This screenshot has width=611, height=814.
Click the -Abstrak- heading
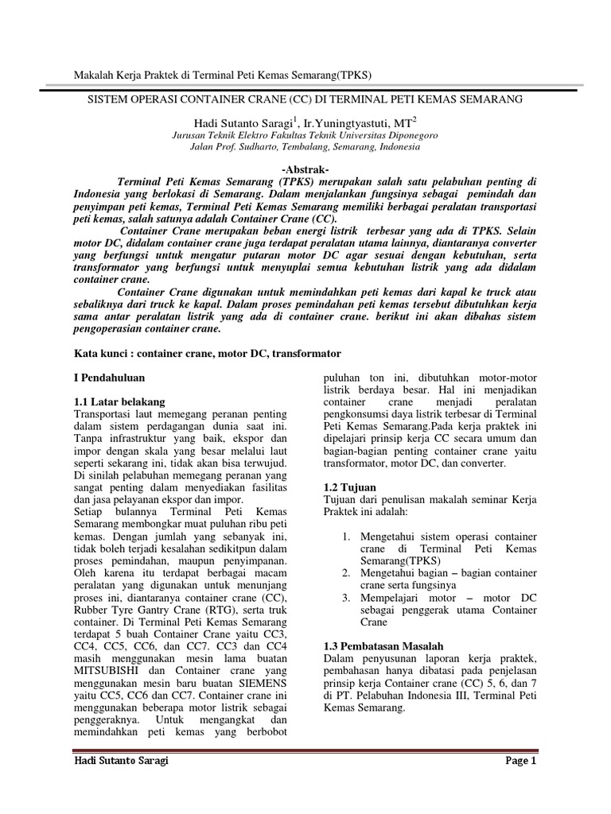click(x=305, y=169)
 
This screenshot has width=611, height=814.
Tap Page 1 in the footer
click(x=522, y=761)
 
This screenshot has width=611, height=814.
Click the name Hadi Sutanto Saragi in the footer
click(x=121, y=761)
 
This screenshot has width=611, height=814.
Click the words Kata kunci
click(x=102, y=352)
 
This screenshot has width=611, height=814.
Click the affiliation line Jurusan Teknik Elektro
click(x=305, y=135)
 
